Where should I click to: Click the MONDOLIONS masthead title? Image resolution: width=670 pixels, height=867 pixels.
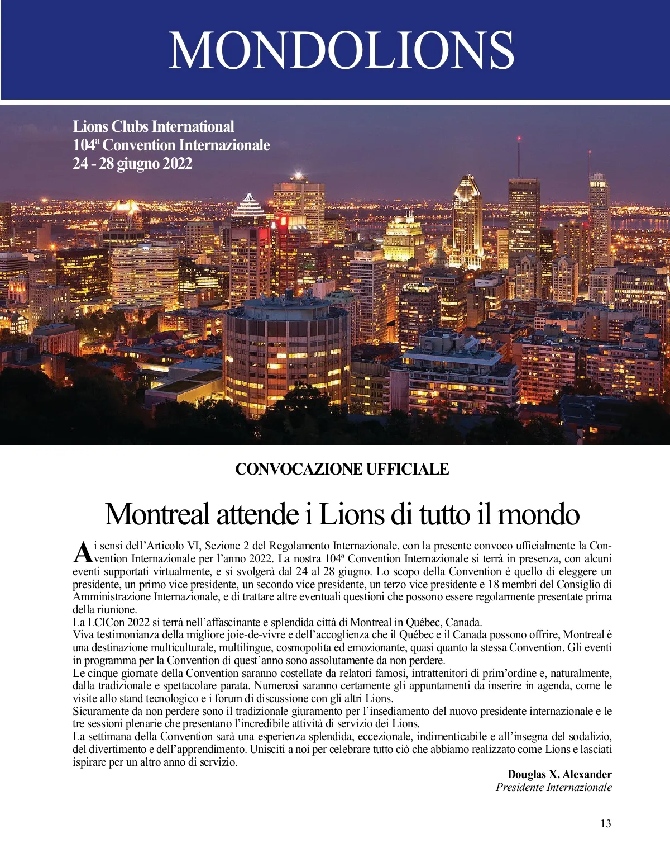pyautogui.click(x=341, y=50)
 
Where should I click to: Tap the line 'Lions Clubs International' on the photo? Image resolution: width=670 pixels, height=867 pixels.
pyautogui.click(x=154, y=126)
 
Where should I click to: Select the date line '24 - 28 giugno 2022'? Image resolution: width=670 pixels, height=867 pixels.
pyautogui.click(x=132, y=164)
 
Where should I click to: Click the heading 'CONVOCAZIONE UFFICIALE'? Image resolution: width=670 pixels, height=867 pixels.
pyautogui.click(x=342, y=469)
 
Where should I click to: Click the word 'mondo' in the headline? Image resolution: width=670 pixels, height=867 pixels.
pyautogui.click(x=538, y=514)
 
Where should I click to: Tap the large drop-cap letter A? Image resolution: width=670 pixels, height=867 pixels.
pyautogui.click(x=82, y=552)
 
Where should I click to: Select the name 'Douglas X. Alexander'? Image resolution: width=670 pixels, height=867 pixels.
pyautogui.click(x=559, y=774)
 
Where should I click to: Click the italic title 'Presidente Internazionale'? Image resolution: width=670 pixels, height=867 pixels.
pyautogui.click(x=553, y=787)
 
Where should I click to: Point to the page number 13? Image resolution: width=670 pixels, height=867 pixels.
pyautogui.click(x=606, y=823)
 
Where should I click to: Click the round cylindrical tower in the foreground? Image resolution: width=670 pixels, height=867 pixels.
pyautogui.click(x=286, y=352)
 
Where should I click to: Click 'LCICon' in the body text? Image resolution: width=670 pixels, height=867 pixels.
pyautogui.click(x=106, y=622)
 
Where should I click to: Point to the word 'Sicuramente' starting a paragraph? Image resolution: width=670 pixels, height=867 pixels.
pyautogui.click(x=100, y=711)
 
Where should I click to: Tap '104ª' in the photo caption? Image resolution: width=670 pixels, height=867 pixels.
pyautogui.click(x=86, y=145)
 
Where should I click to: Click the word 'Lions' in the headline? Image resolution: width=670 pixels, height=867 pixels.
pyautogui.click(x=352, y=514)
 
